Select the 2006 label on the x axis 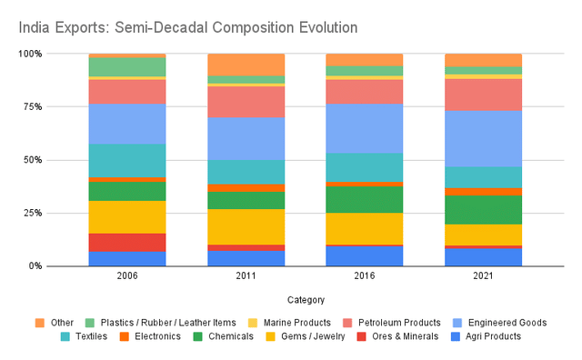(127, 276)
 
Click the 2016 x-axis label (364, 276)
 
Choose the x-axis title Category (305, 299)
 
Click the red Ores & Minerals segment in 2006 (127, 243)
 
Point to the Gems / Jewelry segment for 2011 (246, 226)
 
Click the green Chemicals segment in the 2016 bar (364, 199)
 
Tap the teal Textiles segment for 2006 (127, 160)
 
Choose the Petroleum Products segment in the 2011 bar (246, 102)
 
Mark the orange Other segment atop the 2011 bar (246, 65)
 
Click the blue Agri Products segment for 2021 (483, 257)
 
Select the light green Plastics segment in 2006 (127, 66)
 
